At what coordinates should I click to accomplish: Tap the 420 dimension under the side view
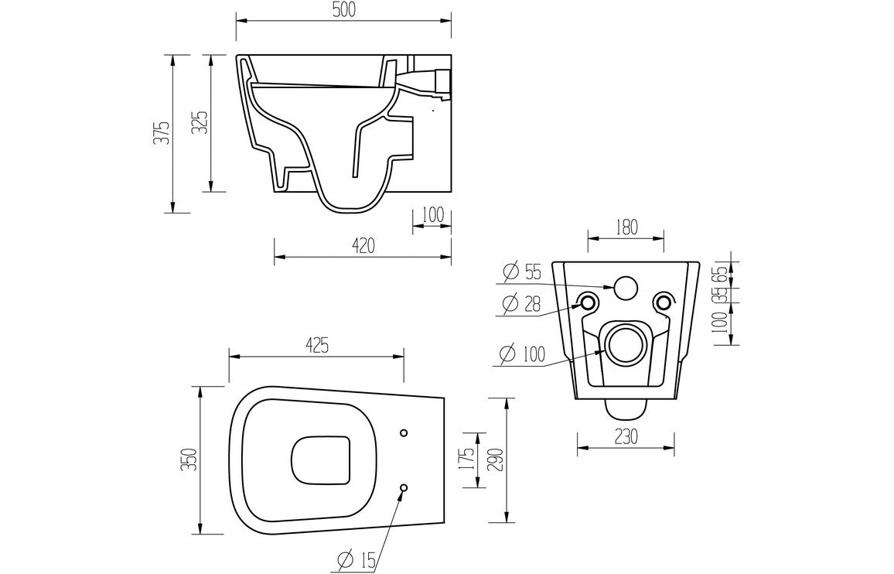coord(363,246)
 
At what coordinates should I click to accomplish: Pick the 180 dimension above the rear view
coord(626,227)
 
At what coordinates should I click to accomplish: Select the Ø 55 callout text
coord(521,272)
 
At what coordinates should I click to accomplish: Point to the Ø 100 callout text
coord(521,354)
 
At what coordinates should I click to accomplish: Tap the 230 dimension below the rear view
coord(626,436)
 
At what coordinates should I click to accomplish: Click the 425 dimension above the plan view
coord(315,346)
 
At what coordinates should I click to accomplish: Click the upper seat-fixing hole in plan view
coord(404,432)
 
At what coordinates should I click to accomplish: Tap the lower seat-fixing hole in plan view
coord(404,487)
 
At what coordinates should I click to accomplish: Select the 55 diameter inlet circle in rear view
coord(625,288)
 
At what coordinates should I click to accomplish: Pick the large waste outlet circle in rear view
coord(625,343)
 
